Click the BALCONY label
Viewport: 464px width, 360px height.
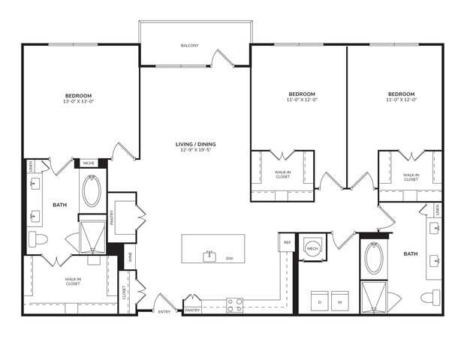(x=190, y=46)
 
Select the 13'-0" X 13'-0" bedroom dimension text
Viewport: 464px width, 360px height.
(x=79, y=102)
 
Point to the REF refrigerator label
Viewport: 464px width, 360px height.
(x=287, y=242)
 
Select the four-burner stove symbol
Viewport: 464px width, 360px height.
(x=234, y=304)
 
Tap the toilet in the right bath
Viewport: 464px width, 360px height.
(x=429, y=298)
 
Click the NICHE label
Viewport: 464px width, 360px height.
(x=89, y=163)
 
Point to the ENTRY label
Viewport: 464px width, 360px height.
(x=164, y=311)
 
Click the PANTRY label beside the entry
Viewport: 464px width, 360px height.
(x=193, y=309)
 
